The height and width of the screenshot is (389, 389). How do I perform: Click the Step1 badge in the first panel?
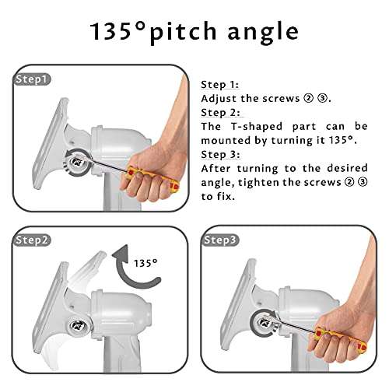[x=32, y=79]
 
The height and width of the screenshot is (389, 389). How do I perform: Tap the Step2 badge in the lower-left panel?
[x=31, y=240]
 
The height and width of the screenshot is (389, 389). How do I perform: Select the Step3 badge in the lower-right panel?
[x=219, y=240]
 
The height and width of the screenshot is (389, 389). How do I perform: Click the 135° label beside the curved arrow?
[x=145, y=263]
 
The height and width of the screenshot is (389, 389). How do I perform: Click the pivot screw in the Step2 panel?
[x=77, y=325]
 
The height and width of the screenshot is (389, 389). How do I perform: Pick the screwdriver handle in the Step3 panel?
[x=340, y=339]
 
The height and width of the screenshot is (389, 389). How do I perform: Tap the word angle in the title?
[x=263, y=33]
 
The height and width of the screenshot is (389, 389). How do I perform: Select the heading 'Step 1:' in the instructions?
[x=219, y=85]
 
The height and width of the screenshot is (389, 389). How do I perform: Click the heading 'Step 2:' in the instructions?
[x=220, y=113]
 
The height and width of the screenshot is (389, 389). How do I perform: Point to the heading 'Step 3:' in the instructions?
[x=220, y=155]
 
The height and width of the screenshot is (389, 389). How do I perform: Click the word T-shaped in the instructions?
[x=257, y=127]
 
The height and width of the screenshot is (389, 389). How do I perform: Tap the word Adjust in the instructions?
[x=219, y=99]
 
